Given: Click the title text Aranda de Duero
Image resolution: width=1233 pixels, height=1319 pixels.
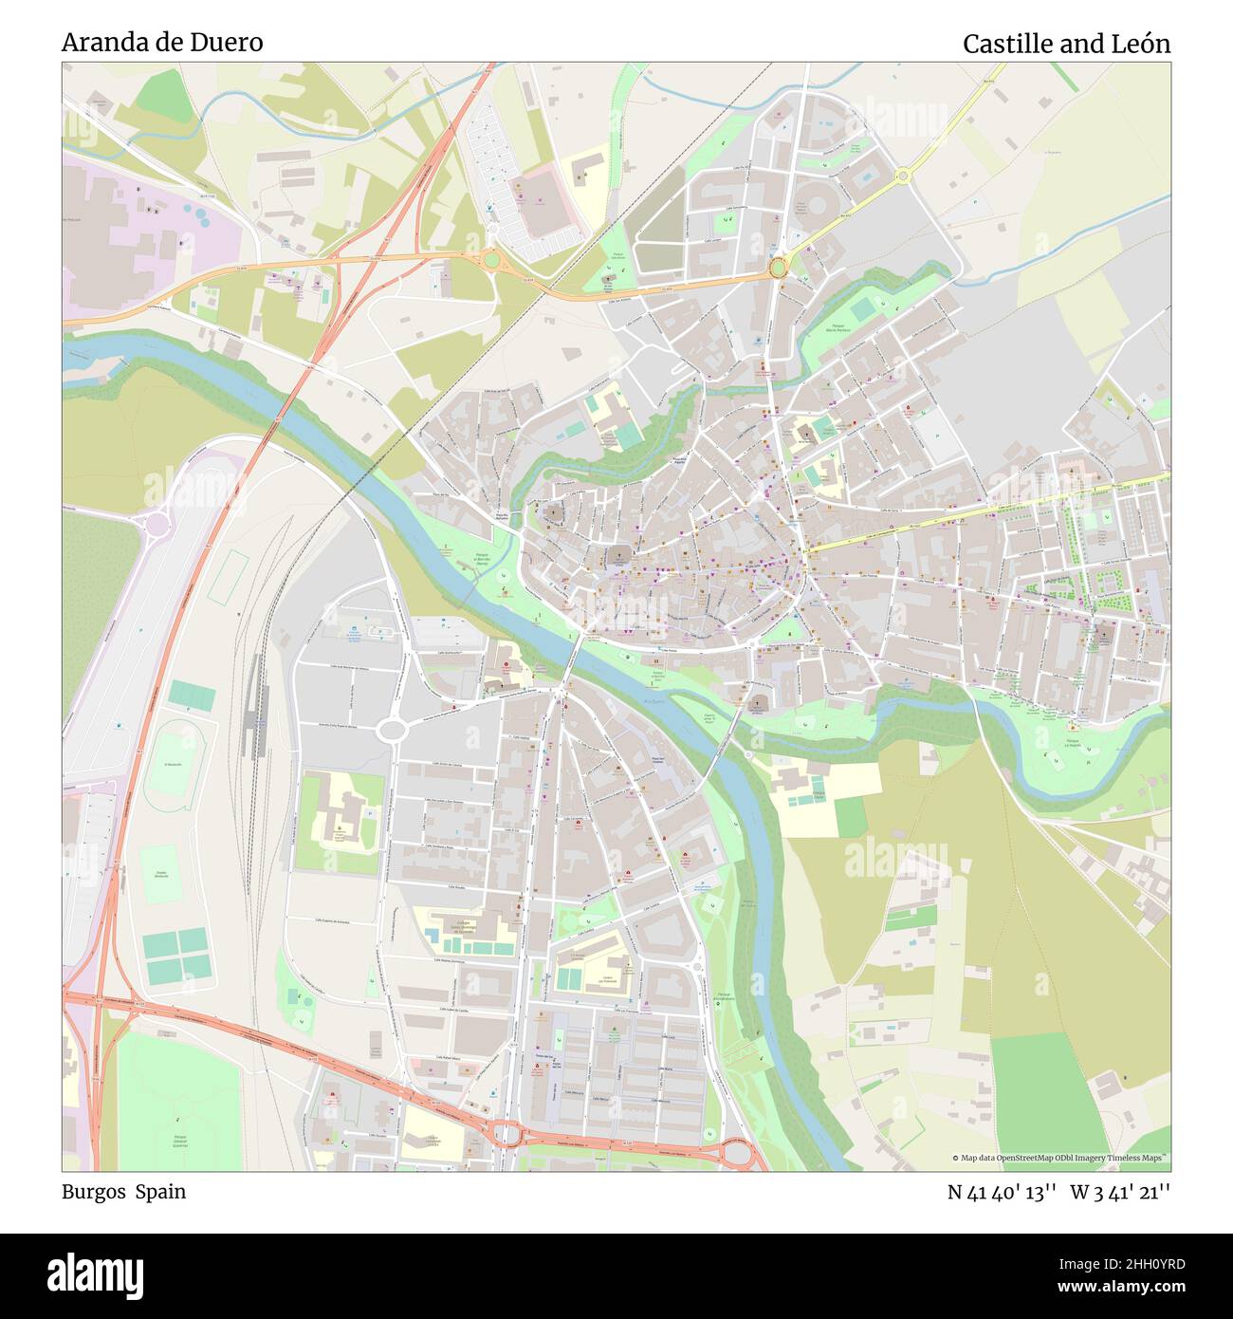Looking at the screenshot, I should (x=162, y=43).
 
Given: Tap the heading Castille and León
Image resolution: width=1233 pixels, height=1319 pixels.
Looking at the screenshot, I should (x=1066, y=44).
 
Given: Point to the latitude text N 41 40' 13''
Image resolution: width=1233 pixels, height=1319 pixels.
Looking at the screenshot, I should (x=1002, y=1193).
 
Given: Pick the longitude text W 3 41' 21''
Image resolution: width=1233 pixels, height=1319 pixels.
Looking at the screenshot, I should (x=1120, y=1193).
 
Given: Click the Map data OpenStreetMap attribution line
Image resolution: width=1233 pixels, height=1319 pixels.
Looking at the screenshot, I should (x=1060, y=1158).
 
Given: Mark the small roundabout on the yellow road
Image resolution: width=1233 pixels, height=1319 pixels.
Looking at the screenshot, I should (x=901, y=175).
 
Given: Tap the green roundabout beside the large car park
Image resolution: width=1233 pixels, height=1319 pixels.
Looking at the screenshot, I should (x=490, y=258).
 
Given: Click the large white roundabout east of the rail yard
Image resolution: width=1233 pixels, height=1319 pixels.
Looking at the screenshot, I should (x=391, y=730).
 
